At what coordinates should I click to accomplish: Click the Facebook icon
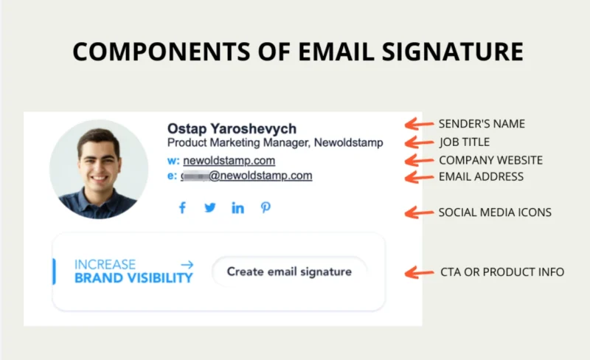182,208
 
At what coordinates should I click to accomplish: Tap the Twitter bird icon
210,208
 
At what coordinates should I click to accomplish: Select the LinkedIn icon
237,208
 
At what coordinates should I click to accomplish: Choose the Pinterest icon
265,208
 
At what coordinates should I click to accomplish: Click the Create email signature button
289,271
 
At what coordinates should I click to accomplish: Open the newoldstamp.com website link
229,160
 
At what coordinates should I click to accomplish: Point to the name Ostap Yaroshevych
232,128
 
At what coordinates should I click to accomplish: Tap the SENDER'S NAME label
482,124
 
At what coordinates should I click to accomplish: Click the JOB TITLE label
464,142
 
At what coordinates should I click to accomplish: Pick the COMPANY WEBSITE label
490,160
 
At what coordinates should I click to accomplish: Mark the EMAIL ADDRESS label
481,177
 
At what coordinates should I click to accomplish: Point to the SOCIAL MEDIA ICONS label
495,212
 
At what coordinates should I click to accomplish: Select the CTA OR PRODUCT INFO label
502,272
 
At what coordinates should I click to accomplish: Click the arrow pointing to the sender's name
420,124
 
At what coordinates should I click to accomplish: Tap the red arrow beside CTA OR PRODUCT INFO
420,273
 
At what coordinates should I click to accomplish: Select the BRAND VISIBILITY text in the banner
133,278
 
